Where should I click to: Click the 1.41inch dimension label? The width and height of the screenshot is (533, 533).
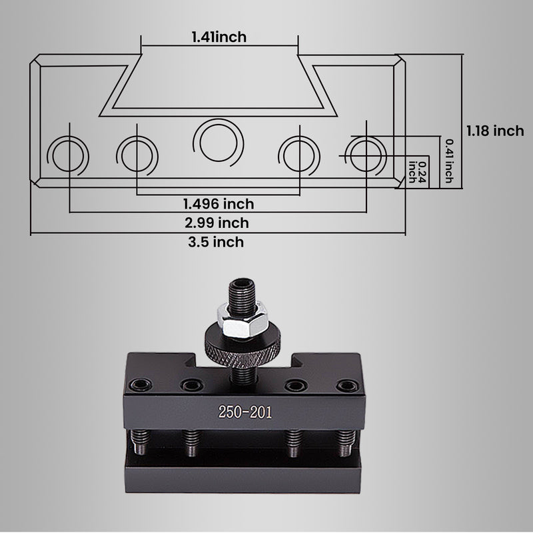[219, 37]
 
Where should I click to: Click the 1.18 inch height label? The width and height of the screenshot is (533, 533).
[494, 131]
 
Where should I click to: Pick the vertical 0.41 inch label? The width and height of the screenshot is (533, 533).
[449, 161]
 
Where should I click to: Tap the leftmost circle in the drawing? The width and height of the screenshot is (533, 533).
[69, 154]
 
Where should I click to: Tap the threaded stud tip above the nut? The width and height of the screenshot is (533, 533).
[243, 292]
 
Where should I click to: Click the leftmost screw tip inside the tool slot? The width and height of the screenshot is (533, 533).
[141, 443]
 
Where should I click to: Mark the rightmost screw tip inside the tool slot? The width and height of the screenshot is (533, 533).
[345, 443]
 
